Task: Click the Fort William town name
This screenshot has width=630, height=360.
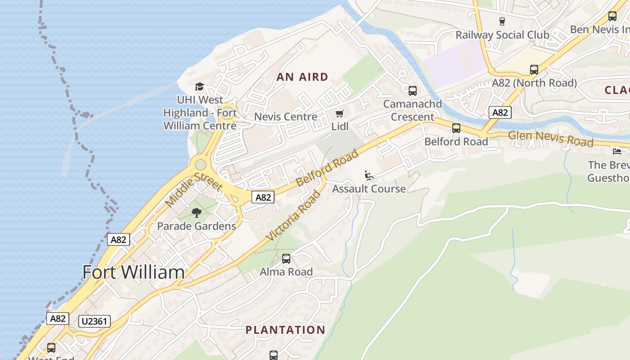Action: point(134,272)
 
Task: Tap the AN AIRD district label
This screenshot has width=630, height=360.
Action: point(302,77)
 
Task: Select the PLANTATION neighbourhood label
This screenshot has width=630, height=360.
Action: point(285,330)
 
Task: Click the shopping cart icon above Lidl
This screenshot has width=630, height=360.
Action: point(340,114)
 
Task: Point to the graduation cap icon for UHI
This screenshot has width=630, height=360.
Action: point(199,86)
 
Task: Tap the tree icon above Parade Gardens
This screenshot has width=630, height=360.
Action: point(196,212)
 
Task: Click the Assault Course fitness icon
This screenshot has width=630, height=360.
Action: point(369,175)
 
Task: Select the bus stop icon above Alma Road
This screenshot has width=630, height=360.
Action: point(286,259)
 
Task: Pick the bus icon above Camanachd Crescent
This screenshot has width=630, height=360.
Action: point(413,90)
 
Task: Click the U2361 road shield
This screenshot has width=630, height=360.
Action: point(94,321)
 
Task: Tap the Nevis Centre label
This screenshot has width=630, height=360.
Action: point(286,117)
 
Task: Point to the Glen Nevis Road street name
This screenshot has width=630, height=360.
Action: point(551,139)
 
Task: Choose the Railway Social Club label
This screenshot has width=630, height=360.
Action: point(502,35)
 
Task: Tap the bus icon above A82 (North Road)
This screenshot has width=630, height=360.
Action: point(534,70)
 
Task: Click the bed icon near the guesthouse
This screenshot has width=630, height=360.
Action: point(616,151)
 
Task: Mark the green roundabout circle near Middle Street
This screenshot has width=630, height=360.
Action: point(200,165)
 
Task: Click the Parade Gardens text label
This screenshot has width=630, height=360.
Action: point(196,226)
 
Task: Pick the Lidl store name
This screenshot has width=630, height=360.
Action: point(340,126)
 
